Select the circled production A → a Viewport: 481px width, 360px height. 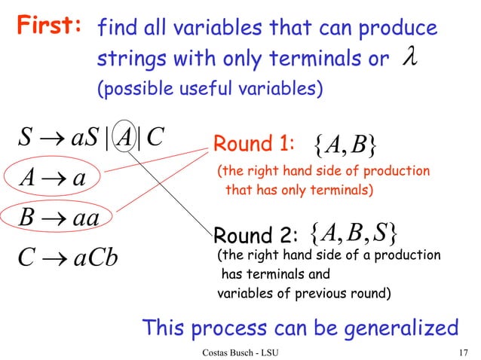pyautogui.click(x=52, y=179)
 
